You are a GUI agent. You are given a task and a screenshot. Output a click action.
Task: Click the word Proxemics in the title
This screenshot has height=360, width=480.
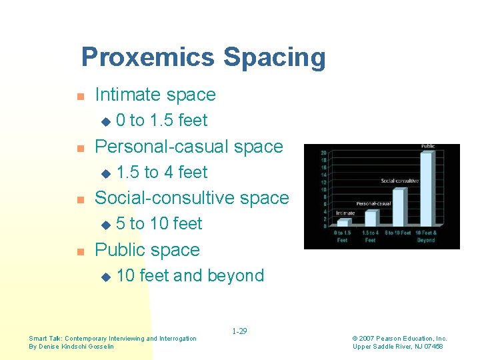tap(149, 57)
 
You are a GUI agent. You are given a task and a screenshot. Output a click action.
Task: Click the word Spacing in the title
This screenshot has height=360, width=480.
tap(275, 57)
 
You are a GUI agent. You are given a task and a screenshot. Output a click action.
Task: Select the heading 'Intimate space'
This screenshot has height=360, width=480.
tap(155, 95)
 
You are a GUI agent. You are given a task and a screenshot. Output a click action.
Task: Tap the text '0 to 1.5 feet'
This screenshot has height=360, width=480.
tap(161, 121)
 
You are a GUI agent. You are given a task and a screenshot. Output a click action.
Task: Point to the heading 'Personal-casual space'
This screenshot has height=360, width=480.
tap(189, 146)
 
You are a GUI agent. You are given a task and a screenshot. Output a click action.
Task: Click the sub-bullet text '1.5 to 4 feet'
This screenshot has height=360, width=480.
tap(161, 172)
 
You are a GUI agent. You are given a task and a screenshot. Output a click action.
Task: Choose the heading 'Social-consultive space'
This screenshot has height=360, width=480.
tap(192, 198)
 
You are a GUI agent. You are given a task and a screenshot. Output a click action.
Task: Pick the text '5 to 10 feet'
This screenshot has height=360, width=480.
tap(159, 224)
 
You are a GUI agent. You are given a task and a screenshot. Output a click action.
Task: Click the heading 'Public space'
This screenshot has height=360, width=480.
tap(147, 250)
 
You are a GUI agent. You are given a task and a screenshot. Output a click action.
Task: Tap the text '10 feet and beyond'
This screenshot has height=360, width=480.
tap(190, 275)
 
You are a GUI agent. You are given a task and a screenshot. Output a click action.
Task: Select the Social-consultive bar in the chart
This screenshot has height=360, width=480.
tap(398, 207)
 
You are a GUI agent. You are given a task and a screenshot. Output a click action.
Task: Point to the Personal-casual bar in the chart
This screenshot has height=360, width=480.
tap(371, 218)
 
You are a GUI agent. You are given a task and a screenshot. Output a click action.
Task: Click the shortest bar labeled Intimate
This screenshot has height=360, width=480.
tap(343, 223)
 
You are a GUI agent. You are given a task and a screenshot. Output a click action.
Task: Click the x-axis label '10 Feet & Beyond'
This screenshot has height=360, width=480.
tap(426, 236)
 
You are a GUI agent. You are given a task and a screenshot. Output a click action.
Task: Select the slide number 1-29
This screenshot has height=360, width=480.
tap(239, 331)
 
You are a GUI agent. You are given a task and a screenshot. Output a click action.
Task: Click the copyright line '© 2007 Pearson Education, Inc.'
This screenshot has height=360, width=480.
tap(400, 339)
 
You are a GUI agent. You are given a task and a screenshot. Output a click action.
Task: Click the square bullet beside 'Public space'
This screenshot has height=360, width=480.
tap(80, 251)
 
